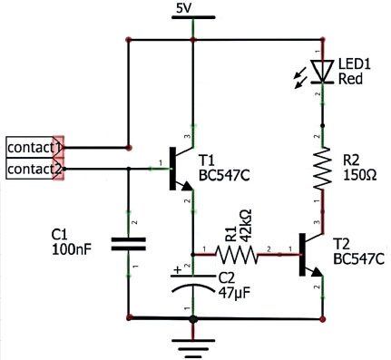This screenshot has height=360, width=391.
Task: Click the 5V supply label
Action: pos(184,9)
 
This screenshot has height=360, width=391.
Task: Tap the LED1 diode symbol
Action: pos(322,71)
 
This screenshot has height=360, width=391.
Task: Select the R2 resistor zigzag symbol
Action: pos(322,169)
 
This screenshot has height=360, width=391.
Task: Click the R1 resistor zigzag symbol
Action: pos(237,255)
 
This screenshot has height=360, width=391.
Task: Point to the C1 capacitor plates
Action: pos(129,244)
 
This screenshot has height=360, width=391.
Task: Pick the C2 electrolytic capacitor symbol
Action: pos(192,284)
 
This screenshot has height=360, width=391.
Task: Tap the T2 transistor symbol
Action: pos(311,255)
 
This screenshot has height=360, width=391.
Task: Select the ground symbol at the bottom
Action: pos(193,348)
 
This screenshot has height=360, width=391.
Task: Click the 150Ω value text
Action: pos(360,175)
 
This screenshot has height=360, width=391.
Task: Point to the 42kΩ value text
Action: pos(247,225)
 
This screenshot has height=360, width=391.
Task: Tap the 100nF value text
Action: pos(72,249)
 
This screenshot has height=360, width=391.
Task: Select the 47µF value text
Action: pos(234,292)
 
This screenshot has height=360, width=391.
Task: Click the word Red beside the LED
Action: pos(350,79)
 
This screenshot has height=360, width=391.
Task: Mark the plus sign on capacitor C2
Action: pos(179,269)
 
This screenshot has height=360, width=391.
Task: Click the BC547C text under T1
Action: pos(224,175)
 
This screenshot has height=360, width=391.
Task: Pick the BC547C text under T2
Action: pos(359,259)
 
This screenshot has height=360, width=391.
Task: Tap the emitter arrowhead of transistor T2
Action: pos(317,272)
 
